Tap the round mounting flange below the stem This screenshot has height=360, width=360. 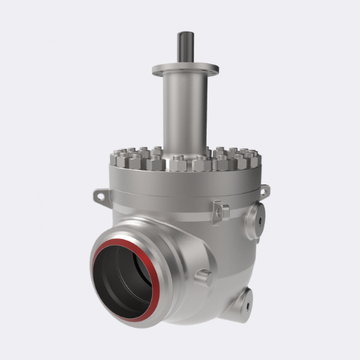click(x=185, y=70)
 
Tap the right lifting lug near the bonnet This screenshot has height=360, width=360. click(x=264, y=191)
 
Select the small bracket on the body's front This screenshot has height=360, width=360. click(x=221, y=212)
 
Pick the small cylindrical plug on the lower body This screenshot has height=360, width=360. click(x=203, y=276)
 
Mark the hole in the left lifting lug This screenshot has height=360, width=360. click(x=100, y=195)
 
